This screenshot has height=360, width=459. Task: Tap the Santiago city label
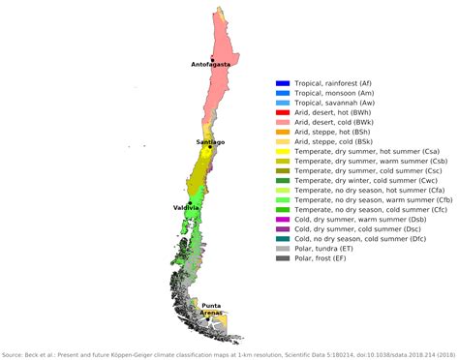pyautogui.click(x=210, y=142)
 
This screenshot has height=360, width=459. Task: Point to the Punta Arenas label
pyautogui.click(x=210, y=310)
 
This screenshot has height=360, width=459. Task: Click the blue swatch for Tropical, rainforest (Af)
pyautogui.click(x=283, y=82)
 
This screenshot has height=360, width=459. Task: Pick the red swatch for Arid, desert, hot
pyautogui.click(x=283, y=112)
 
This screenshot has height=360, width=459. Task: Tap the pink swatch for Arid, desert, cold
pyautogui.click(x=283, y=122)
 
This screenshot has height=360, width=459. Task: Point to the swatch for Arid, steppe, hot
pyautogui.click(x=283, y=132)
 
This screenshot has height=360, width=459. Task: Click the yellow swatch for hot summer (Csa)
pyautogui.click(x=283, y=151)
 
